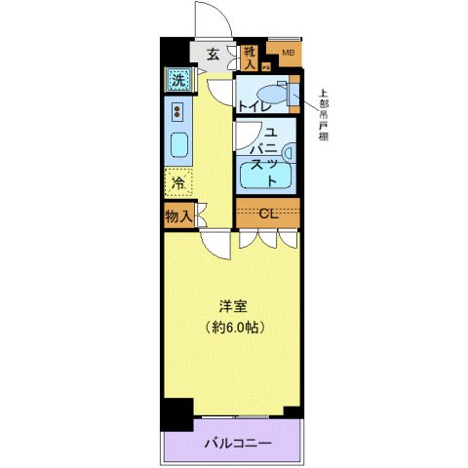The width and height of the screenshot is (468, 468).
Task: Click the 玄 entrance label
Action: point(213,55)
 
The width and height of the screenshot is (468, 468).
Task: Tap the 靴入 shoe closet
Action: point(250,58)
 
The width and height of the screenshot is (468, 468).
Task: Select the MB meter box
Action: point(288,54)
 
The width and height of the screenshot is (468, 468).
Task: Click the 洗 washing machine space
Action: point(178,80)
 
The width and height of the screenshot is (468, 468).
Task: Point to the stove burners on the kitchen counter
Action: point(178,110)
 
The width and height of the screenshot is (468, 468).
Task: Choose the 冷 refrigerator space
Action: point(178,181)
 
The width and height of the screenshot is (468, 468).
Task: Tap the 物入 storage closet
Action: point(178,215)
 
